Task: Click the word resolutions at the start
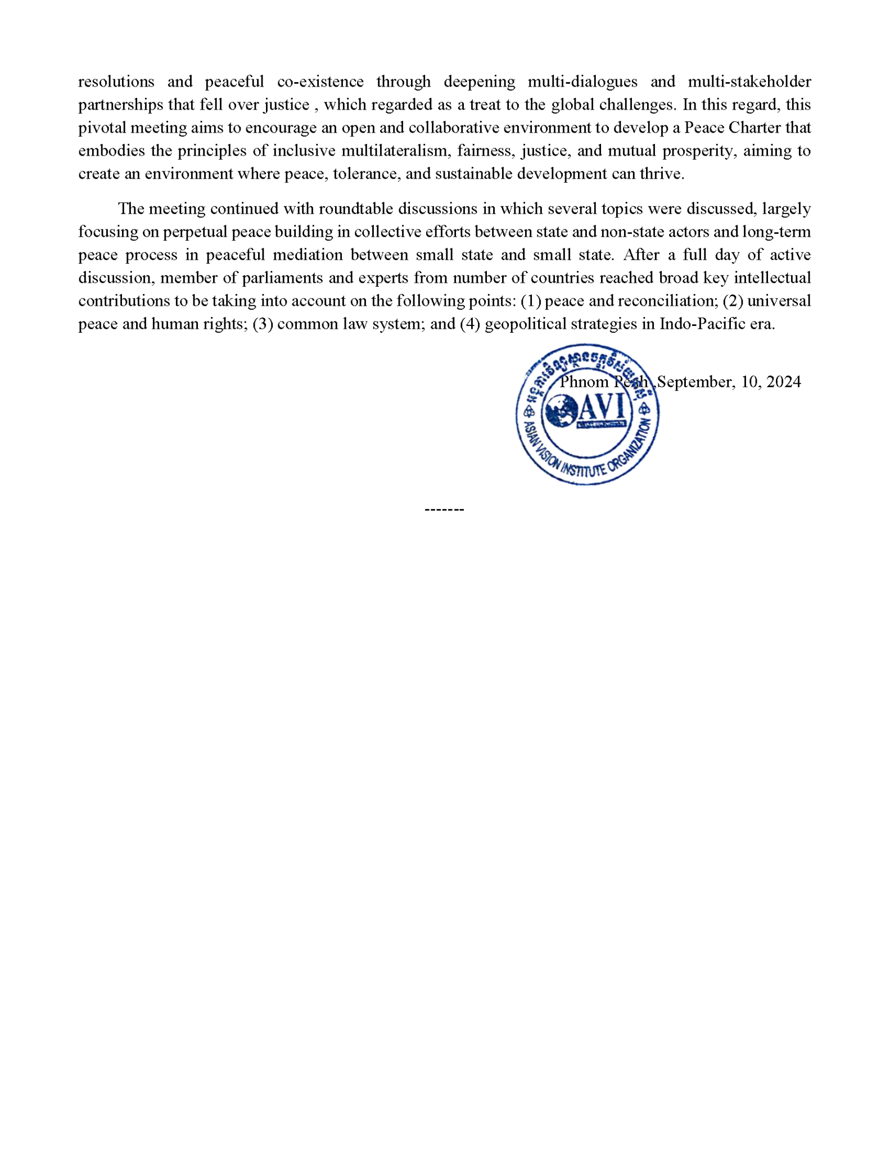(x=116, y=82)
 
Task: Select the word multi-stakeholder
(x=749, y=82)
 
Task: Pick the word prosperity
(x=698, y=151)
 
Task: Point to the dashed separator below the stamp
(x=444, y=509)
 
